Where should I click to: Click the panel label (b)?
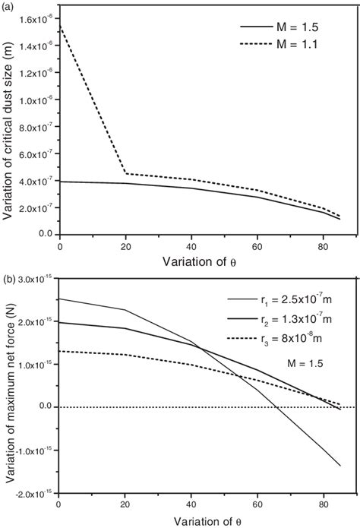pos(8,270)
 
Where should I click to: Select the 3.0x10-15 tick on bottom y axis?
pos(35,280)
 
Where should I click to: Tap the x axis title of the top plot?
pos(201,261)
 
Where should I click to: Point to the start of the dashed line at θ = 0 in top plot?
pos(59,25)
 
